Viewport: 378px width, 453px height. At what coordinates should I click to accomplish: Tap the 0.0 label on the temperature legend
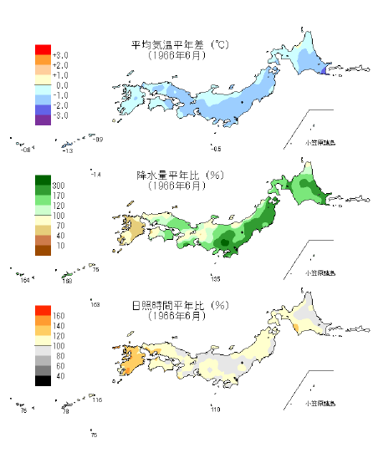point(60,85)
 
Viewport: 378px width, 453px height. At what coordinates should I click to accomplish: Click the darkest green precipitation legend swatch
point(43,181)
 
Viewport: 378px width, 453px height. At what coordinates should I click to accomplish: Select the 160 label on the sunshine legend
point(59,316)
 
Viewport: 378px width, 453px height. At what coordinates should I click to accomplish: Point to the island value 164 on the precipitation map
point(25,282)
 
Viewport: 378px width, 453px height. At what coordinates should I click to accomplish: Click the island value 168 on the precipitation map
point(68,281)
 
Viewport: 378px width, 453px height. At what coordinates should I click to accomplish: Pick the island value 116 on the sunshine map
point(97,400)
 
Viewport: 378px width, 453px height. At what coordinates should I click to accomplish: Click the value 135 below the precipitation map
point(215,278)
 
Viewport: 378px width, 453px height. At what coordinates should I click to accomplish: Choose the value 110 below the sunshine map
point(215,409)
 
